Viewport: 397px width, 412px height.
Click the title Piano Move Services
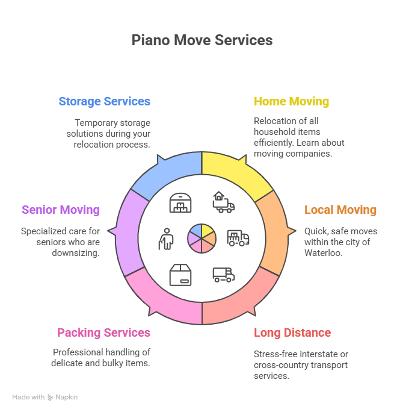coord(202,40)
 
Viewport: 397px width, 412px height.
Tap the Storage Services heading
coord(104,101)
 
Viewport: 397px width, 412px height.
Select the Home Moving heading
coord(291,101)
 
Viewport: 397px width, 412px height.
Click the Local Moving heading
coord(340,210)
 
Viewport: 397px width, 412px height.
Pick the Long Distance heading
coord(292,332)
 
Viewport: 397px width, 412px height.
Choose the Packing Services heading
coord(103,332)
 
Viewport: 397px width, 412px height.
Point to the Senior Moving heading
coord(60,210)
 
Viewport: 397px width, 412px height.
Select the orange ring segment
coord(273,232)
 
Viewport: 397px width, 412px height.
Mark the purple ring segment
coord(128,232)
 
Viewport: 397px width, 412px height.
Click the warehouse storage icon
coord(180,202)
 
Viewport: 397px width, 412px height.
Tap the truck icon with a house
coord(223,202)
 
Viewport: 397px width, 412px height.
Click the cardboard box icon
coord(180,275)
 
